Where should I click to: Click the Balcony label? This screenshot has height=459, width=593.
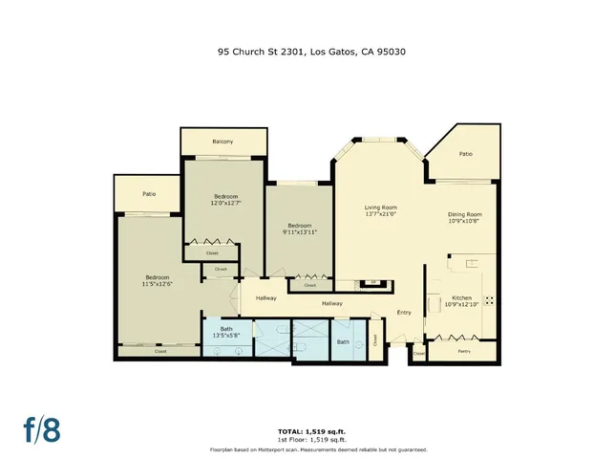tap(222, 142)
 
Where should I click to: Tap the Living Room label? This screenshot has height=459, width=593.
tap(380, 208)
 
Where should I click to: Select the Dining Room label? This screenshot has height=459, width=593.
tap(465, 213)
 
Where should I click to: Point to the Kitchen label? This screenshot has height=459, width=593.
tap(461, 298)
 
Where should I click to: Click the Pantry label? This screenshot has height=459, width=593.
tap(463, 352)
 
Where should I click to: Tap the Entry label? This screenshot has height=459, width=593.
tap(404, 312)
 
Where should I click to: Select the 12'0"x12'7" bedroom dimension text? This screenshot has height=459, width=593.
tap(225, 203)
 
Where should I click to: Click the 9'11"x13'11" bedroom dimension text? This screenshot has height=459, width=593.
tap(299, 232)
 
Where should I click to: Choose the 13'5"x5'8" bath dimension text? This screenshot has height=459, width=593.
tap(226, 336)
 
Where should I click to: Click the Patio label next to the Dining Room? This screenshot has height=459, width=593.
tap(465, 154)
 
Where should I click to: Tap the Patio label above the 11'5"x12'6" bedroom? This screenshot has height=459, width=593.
tap(149, 194)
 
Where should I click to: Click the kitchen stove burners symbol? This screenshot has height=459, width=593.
tap(490, 299)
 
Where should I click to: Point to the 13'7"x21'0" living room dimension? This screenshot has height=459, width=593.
tap(380, 215)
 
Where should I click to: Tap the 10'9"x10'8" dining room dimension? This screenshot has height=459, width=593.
tap(465, 221)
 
